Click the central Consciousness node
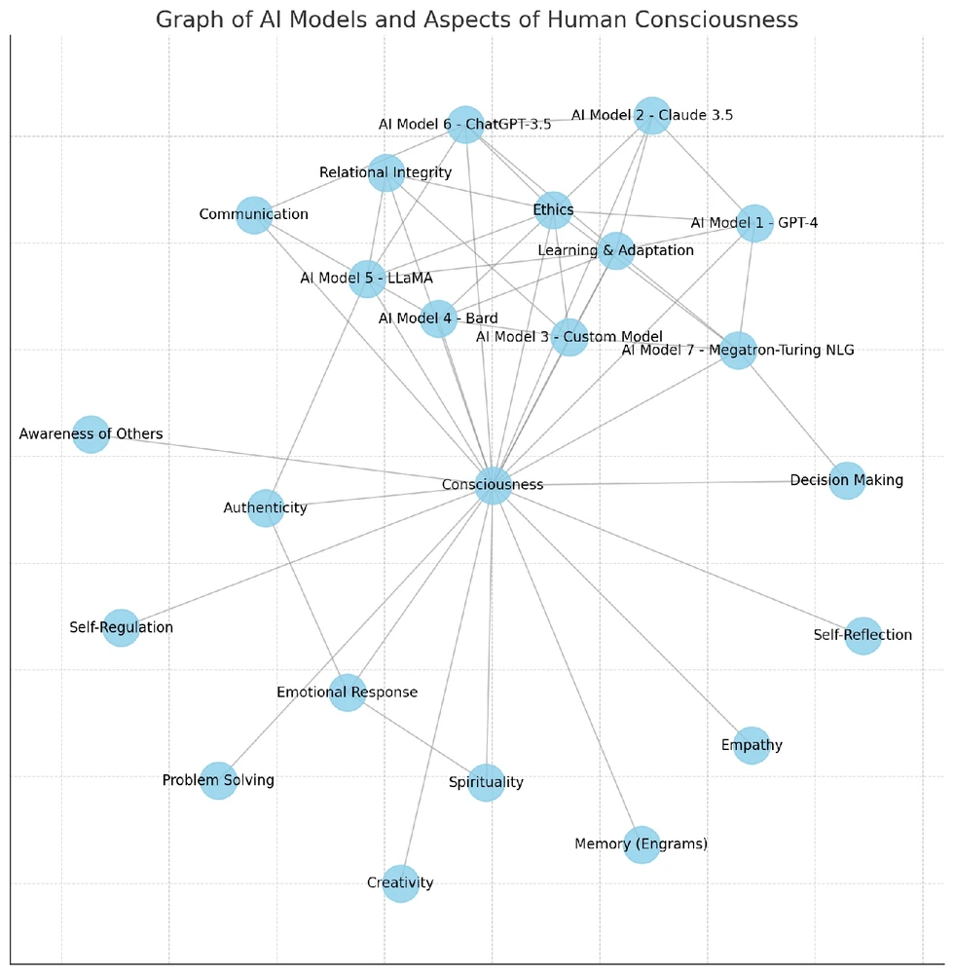494,485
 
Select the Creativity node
400,883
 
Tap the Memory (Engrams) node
642,843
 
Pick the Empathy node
751,746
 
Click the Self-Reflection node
862,635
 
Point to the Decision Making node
847,480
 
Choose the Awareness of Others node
91,434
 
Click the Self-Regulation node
121,627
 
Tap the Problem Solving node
218,780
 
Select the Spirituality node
486,782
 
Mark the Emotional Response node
348,693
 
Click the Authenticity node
266,507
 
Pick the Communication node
253,214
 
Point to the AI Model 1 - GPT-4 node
754,223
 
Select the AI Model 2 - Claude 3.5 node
651,115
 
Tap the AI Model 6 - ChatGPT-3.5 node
465,124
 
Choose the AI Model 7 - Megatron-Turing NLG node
738,351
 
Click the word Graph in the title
184,19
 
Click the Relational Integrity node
386,173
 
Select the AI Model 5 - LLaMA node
366,279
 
